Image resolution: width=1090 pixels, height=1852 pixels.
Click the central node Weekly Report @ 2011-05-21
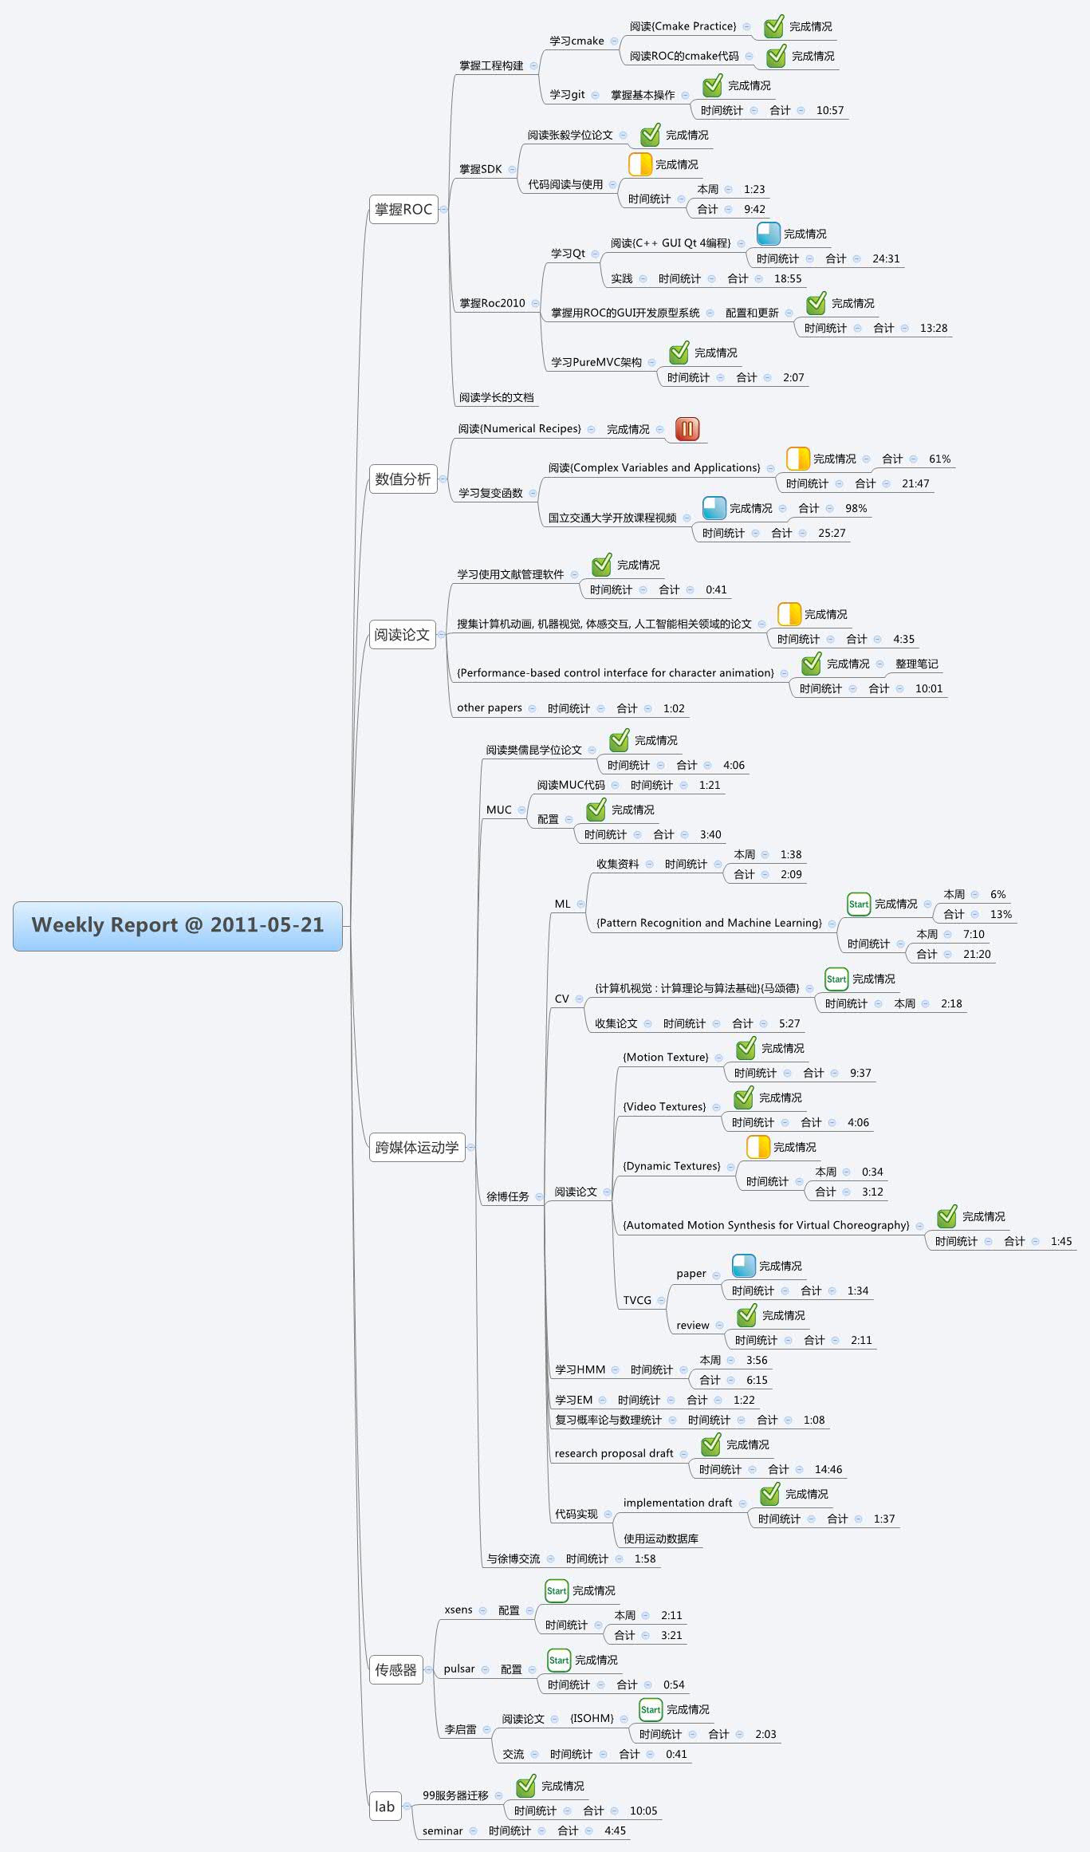[x=177, y=925]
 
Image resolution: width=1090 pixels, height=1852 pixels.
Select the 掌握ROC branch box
[x=403, y=210]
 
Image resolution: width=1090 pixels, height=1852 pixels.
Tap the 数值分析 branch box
[x=403, y=479]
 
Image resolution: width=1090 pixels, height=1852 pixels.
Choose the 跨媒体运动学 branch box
[x=416, y=1148]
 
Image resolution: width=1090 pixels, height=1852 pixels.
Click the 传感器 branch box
[x=395, y=1670]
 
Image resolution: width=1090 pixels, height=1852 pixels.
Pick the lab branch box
[x=384, y=1807]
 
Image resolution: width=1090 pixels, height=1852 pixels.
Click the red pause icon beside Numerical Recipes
[x=687, y=429]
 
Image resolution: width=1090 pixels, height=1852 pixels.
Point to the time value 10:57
[x=829, y=111]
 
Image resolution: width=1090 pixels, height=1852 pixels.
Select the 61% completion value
[x=939, y=459]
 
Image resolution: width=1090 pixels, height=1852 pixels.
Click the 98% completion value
[x=856, y=509]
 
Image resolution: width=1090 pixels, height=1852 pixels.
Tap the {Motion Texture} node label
[x=665, y=1058]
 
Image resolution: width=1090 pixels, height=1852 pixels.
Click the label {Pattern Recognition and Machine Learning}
[x=709, y=923]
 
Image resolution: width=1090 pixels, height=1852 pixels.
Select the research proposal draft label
[x=613, y=1453]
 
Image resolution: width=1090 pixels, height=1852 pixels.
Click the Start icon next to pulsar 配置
[x=558, y=1661]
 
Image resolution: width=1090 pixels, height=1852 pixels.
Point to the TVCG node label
[x=637, y=1300]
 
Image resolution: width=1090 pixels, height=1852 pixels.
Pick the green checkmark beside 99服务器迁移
[x=525, y=1786]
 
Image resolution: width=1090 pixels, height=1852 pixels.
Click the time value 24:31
[x=885, y=259]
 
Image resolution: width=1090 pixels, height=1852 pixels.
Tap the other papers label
[x=489, y=708]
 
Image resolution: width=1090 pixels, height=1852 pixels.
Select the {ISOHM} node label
[x=592, y=1719]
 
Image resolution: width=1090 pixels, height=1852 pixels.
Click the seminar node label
[x=443, y=1831]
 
